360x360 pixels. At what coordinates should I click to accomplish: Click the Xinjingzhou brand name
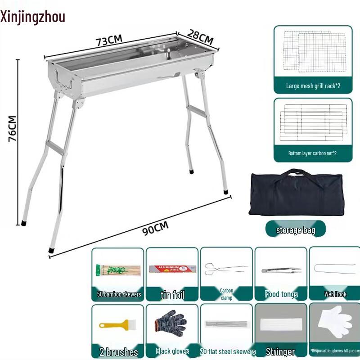[x=33, y=17]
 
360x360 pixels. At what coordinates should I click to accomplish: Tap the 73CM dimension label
[x=109, y=40]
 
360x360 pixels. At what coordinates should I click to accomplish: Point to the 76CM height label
[x=12, y=129]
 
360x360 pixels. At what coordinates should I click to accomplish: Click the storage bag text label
[x=296, y=230]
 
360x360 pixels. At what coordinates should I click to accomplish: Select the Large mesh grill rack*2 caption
[x=313, y=85]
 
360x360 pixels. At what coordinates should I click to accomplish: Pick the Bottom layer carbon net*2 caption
[x=313, y=153]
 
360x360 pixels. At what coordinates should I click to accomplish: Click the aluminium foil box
[x=172, y=269]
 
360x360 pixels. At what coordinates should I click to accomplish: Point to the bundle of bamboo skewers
[x=118, y=270]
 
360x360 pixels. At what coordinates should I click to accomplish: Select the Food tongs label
[x=281, y=294]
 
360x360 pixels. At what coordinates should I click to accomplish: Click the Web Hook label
[x=335, y=294]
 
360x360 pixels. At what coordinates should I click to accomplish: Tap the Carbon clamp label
[x=226, y=294]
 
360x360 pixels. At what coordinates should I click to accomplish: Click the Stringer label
[x=280, y=351]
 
